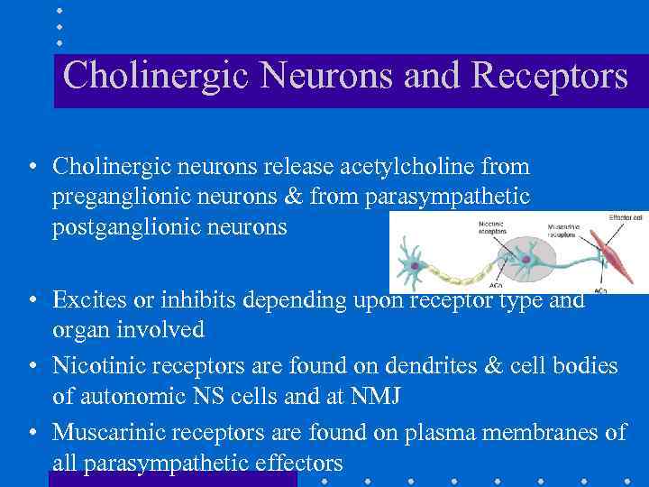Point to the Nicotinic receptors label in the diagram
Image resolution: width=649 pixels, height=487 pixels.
point(490,225)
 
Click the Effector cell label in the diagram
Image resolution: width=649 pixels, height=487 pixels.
point(626,216)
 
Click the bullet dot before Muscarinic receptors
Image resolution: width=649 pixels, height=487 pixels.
point(32,434)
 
